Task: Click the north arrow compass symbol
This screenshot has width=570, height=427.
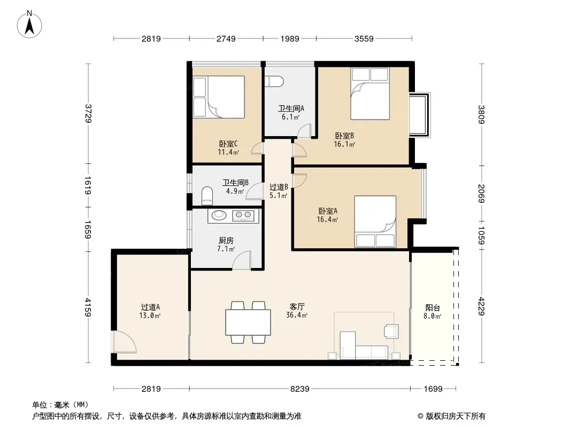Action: (29, 25)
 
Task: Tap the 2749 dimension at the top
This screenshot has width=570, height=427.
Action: (226, 38)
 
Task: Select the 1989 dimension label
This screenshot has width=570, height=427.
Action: (290, 38)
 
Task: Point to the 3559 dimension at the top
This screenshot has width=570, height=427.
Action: (364, 38)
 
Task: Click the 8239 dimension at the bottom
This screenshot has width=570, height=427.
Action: (300, 389)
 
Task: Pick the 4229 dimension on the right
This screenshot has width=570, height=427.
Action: (481, 306)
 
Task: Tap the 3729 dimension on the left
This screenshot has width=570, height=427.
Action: (88, 114)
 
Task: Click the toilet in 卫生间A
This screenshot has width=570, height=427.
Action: (274, 82)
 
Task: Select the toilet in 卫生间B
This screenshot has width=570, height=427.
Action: (207, 196)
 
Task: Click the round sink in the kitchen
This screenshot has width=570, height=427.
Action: (219, 215)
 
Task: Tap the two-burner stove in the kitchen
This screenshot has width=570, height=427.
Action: (243, 216)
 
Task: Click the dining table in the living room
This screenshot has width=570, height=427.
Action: (248, 322)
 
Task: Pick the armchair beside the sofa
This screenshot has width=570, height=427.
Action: (391, 331)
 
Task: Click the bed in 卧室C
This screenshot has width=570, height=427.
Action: (219, 97)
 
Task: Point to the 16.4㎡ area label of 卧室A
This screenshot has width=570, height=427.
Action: (328, 219)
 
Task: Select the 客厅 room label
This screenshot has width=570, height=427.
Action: (297, 307)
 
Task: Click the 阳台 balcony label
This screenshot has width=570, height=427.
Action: (433, 308)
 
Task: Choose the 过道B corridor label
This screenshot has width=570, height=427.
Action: (279, 187)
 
